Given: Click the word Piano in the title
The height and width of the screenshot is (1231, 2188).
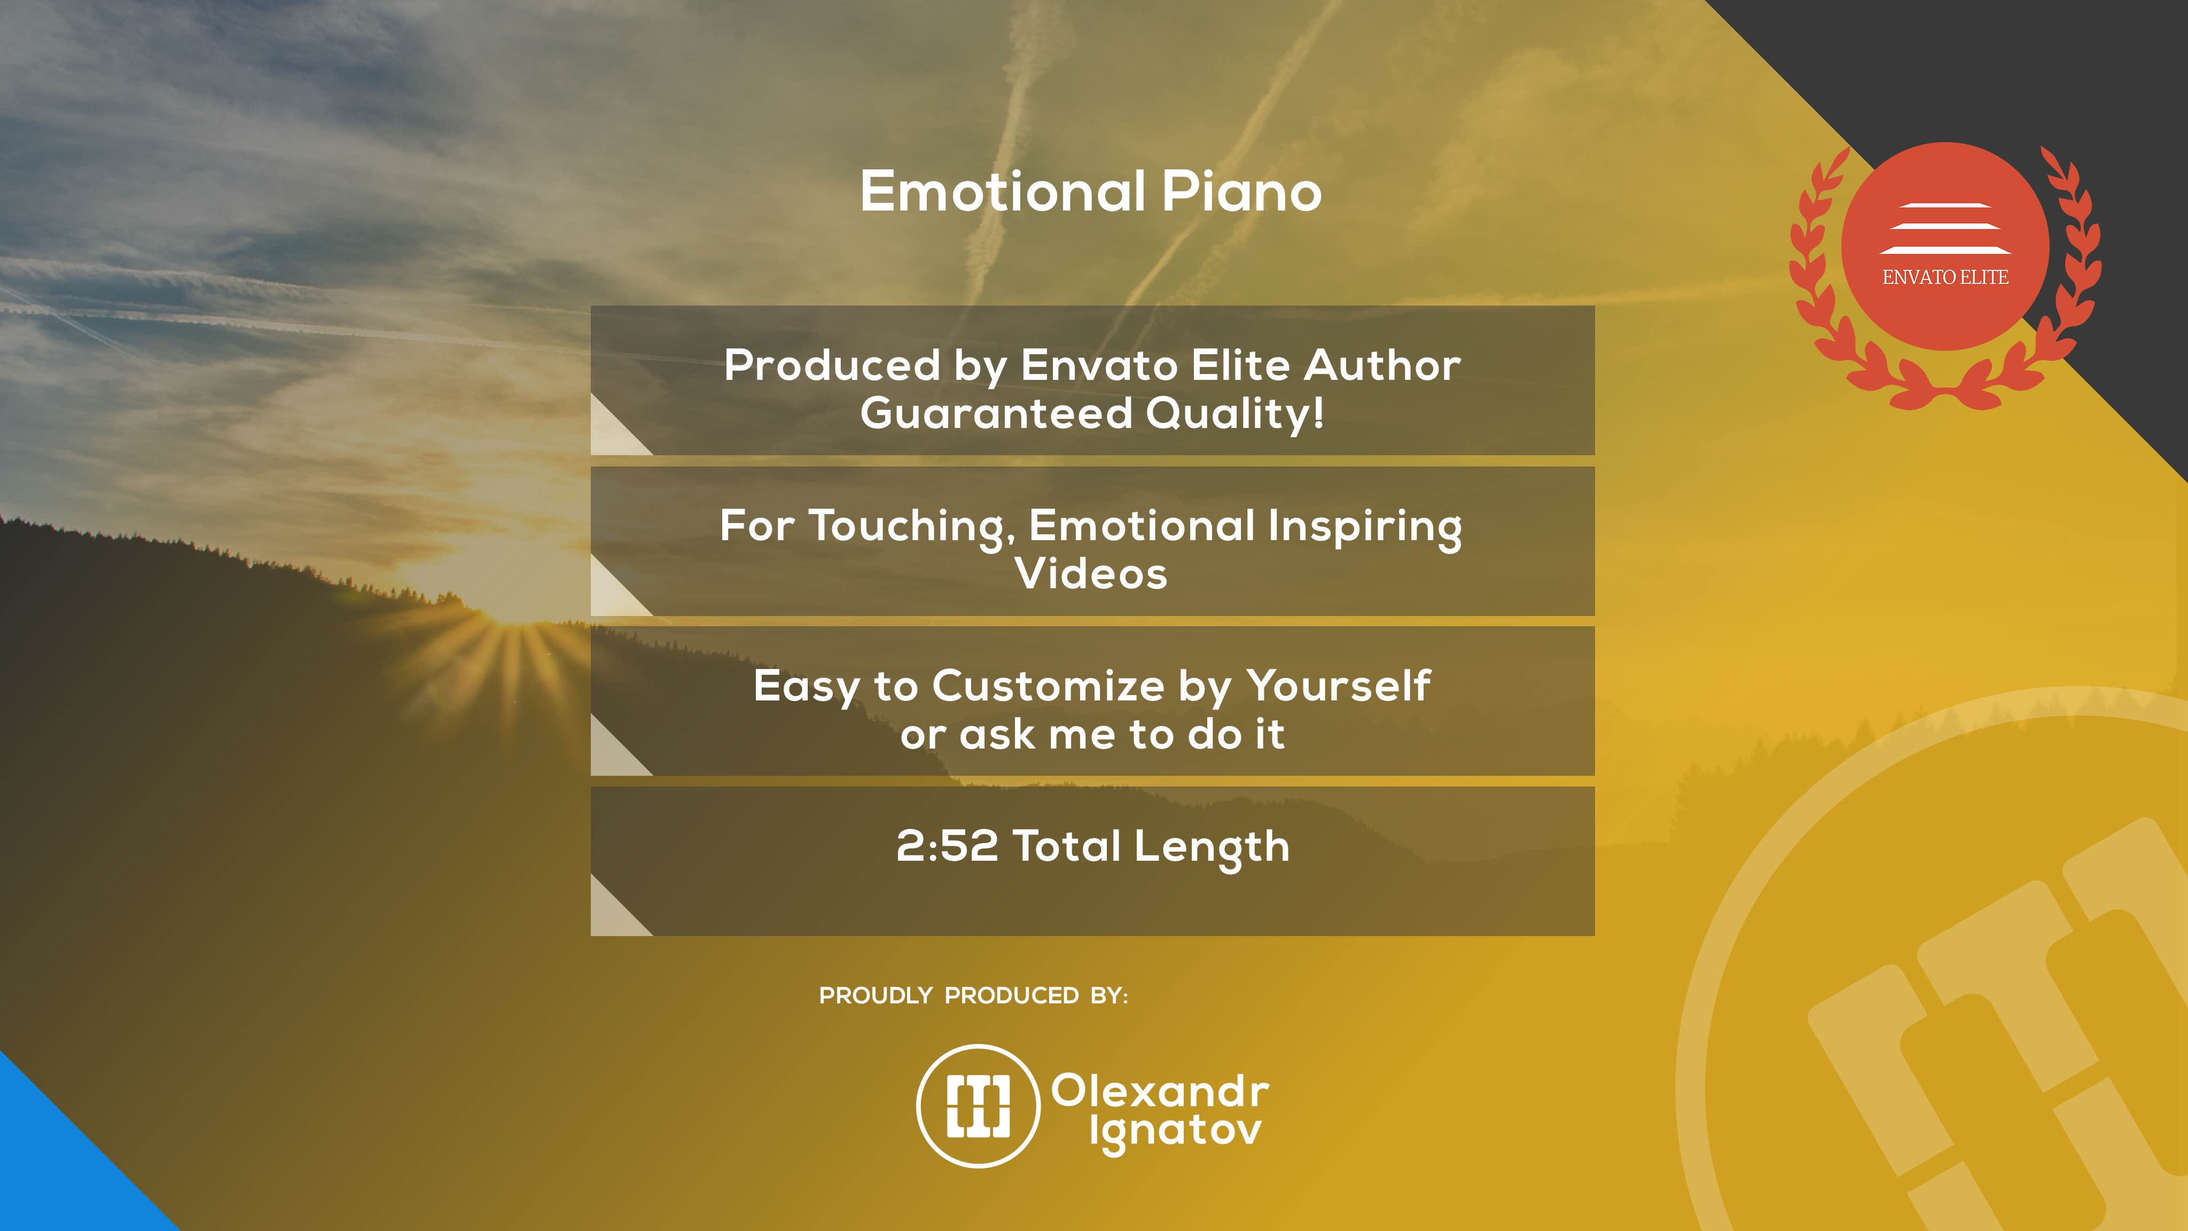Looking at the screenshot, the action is tap(1241, 192).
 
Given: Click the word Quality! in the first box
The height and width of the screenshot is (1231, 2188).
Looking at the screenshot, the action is tap(1235, 415).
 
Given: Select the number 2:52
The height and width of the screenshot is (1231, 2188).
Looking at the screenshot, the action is tap(947, 846).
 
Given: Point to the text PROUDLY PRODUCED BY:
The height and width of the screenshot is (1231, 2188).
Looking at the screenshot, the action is tap(973, 996).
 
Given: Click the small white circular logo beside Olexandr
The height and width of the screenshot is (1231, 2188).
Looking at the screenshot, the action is tap(979, 1105).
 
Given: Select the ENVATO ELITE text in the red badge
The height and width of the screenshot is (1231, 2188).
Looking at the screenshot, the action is tap(1945, 277).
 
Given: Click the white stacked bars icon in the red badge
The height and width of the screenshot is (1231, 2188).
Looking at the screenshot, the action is tap(1945, 229).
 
